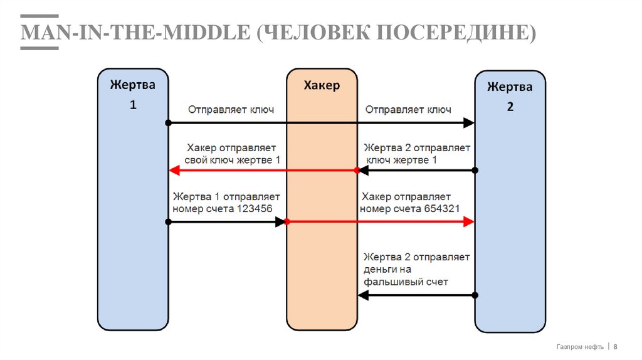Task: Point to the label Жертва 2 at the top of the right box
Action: (510, 87)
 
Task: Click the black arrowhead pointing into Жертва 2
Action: (468, 123)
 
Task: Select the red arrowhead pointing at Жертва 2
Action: (468, 221)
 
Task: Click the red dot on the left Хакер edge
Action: (287, 221)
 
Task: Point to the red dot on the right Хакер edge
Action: (357, 171)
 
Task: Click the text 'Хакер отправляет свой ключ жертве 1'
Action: (233, 154)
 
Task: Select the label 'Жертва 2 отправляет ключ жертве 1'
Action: (418, 154)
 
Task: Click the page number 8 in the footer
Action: (616, 347)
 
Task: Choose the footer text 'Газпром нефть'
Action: (580, 347)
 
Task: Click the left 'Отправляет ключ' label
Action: (231, 110)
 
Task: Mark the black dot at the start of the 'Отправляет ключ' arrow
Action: (169, 123)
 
